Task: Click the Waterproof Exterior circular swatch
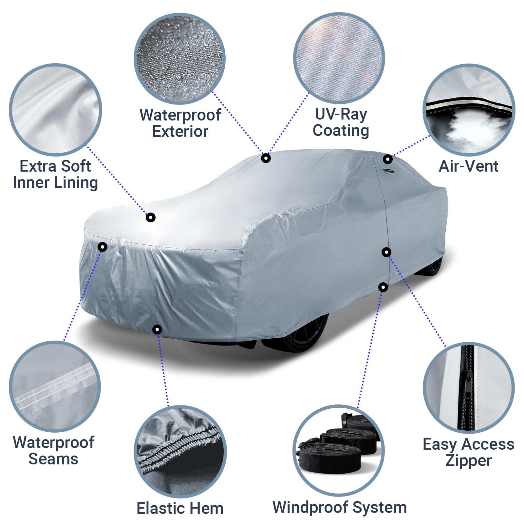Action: pos(179,59)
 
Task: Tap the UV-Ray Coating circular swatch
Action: pos(339,58)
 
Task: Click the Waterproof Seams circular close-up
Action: pos(55,386)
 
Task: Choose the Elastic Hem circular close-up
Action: pos(180,452)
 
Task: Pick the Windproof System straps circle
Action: pos(339,451)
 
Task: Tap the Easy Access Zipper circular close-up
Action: pos(469,388)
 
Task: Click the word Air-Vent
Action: pos(468,166)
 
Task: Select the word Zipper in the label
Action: pos(468,460)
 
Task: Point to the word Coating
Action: pos(341,130)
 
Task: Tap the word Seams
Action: pos(53,459)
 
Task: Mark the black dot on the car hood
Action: pos(150,217)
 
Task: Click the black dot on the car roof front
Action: pos(266,158)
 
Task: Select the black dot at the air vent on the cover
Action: pos(388,159)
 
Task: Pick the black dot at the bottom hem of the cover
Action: pos(157,329)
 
